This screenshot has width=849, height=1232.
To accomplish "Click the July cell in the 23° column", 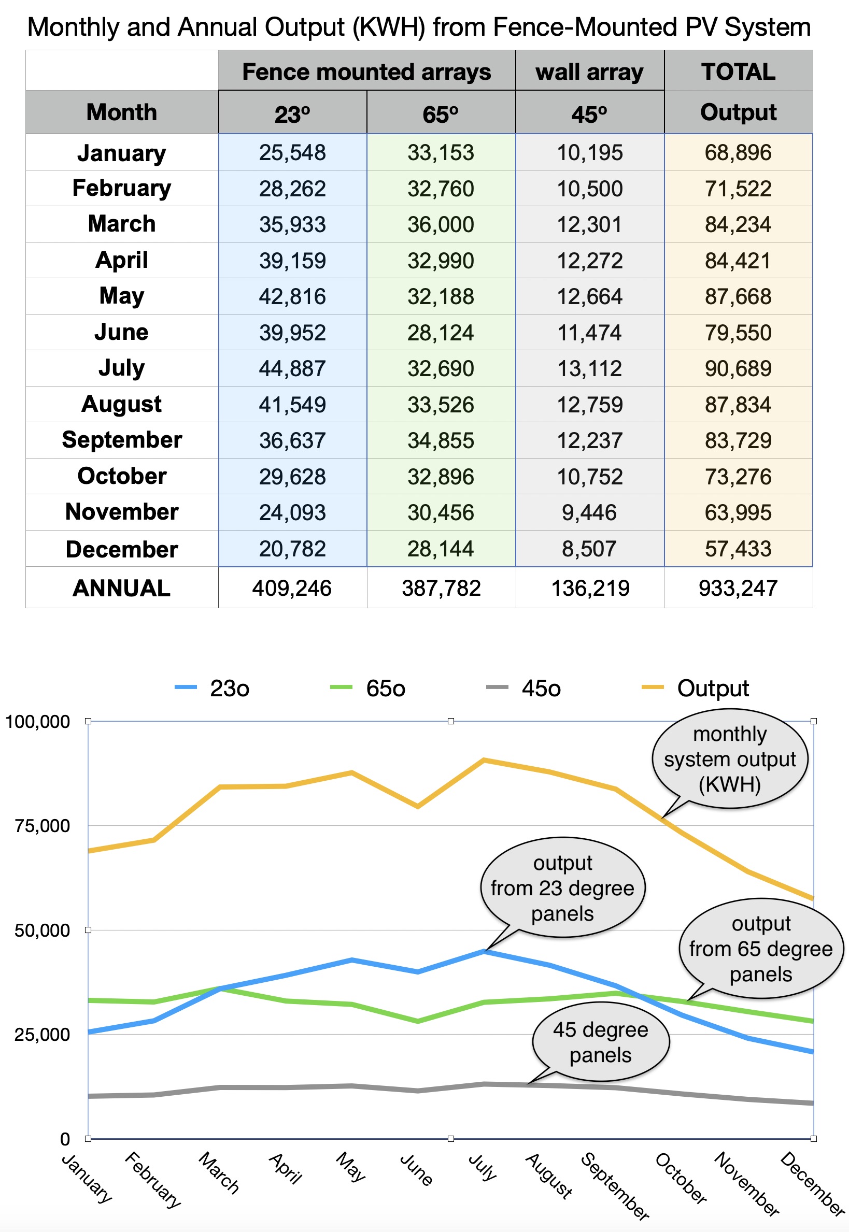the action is pyautogui.click(x=292, y=368).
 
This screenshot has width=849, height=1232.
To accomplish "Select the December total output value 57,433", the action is pyautogui.click(x=738, y=549).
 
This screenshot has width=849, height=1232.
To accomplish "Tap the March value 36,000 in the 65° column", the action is pyautogui.click(x=441, y=224).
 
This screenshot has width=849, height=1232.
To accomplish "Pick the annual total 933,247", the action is pyautogui.click(x=738, y=588).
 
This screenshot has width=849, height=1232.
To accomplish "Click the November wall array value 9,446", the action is pyautogui.click(x=589, y=512).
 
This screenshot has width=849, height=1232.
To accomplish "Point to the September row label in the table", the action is pyautogui.click(x=122, y=440).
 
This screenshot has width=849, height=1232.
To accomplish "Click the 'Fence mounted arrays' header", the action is pyautogui.click(x=366, y=71).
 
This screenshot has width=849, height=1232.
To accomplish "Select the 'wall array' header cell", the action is pyautogui.click(x=589, y=71).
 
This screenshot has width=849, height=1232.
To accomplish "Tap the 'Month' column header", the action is pyautogui.click(x=122, y=112).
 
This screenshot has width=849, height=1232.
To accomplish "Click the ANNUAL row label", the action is pyautogui.click(x=122, y=588).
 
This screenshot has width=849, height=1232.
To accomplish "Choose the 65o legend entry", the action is pyautogui.click(x=367, y=688).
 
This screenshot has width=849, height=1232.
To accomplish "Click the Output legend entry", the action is pyautogui.click(x=695, y=688).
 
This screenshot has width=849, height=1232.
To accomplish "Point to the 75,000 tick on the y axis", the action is pyautogui.click(x=42, y=826).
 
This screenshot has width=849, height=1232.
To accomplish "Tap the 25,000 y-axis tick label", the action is pyautogui.click(x=42, y=1035).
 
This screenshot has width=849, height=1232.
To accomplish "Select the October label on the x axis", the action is pyautogui.click(x=682, y=1178).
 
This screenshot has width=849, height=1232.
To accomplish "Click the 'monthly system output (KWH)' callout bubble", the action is pyautogui.click(x=729, y=760).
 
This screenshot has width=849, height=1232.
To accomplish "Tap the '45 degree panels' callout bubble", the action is pyautogui.click(x=601, y=1042).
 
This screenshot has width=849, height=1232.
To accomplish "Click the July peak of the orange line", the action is pyautogui.click(x=484, y=760).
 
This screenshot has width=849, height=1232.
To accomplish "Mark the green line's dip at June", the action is pyautogui.click(x=418, y=1021).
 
